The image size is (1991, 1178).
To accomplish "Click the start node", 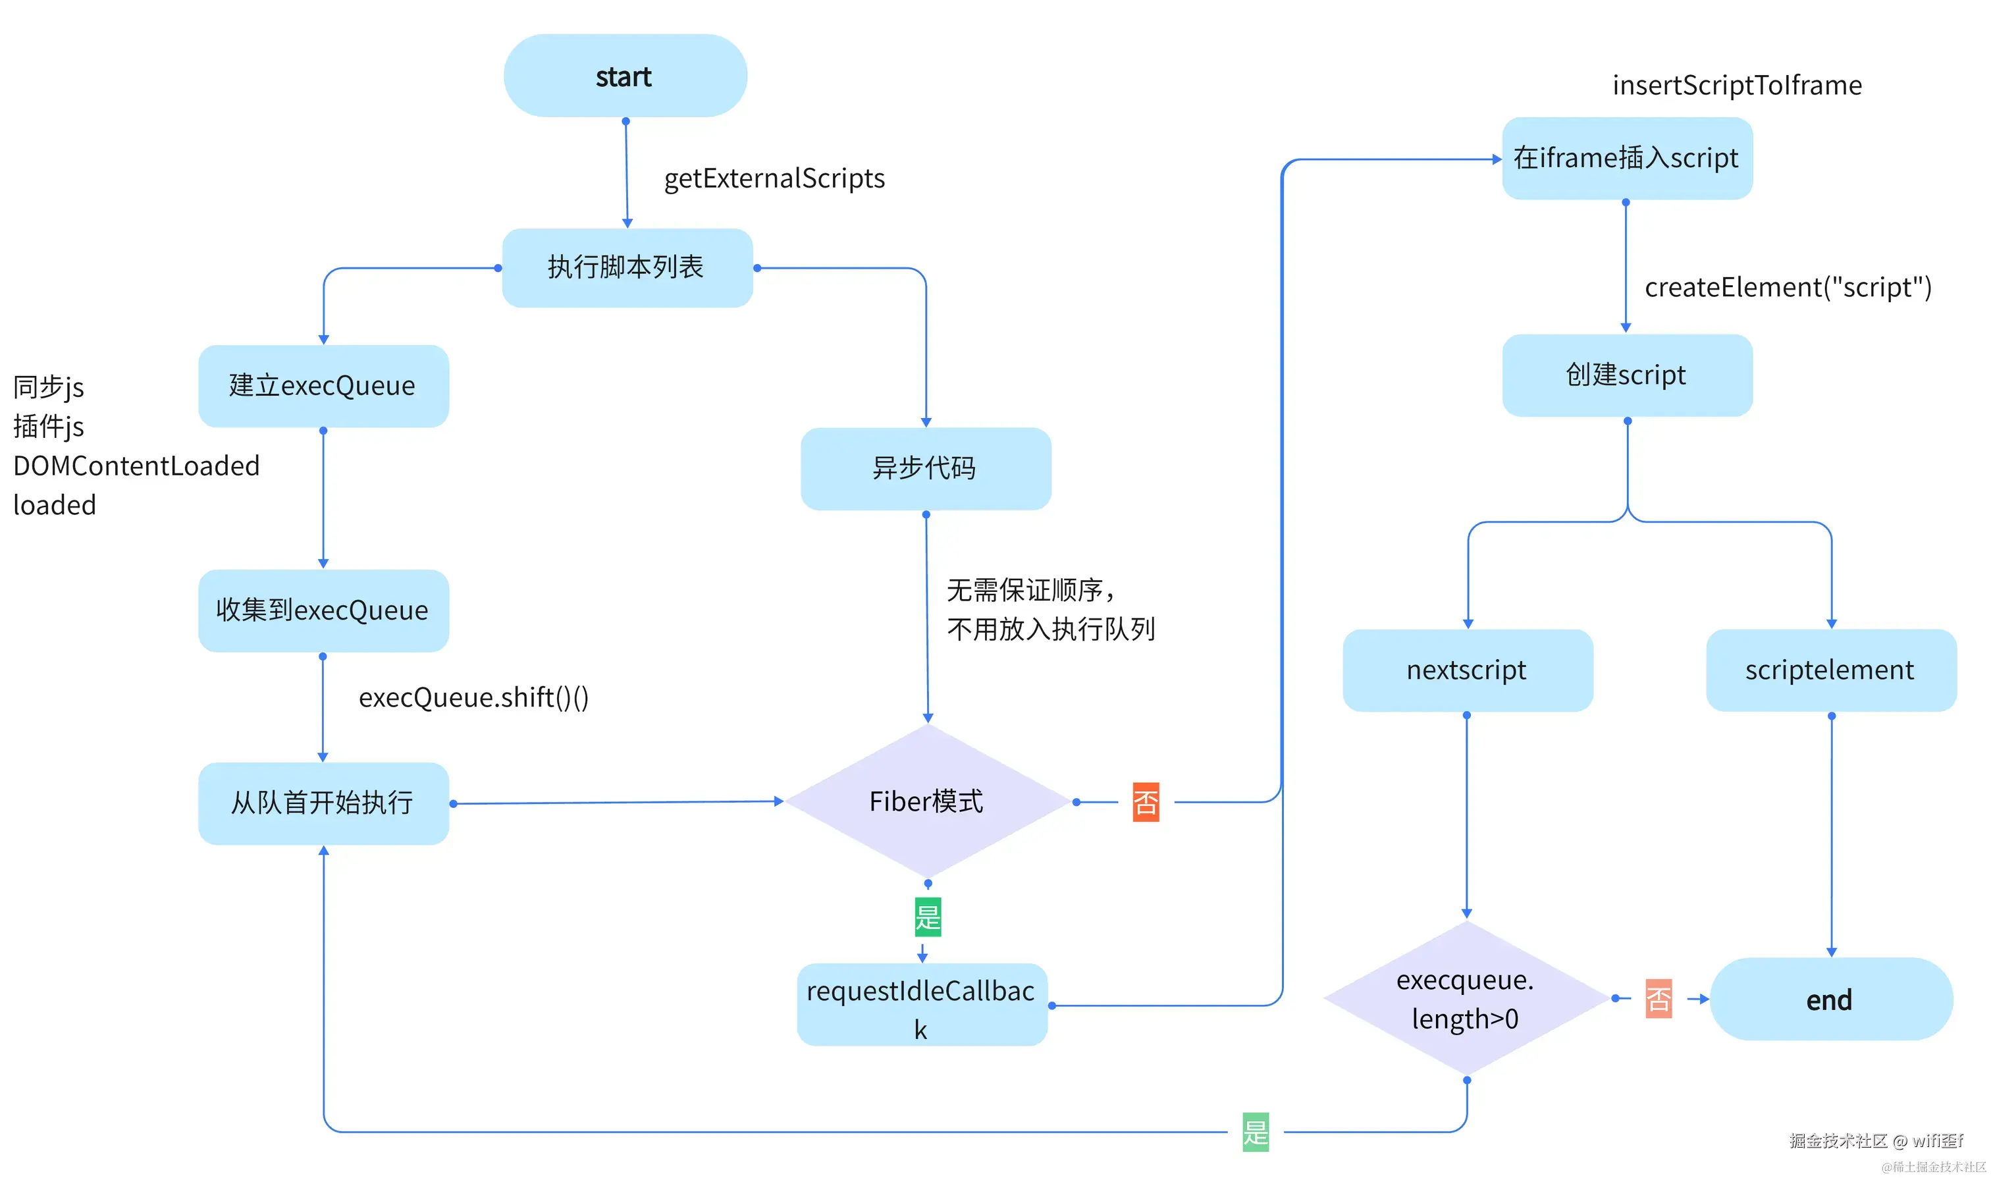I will [625, 76].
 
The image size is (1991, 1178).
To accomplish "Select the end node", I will [1830, 1000].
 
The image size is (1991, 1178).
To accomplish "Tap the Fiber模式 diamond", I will [927, 801].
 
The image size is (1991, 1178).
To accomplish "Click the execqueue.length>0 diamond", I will [1466, 999].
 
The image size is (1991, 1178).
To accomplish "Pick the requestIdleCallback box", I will [921, 1005].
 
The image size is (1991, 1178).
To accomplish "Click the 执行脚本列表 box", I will [627, 267].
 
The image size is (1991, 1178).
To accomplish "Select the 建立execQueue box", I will [323, 386].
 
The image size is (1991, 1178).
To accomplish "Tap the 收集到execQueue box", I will [323, 610].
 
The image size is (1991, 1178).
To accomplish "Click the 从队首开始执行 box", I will [323, 803].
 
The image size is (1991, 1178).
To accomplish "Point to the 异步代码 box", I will [925, 468].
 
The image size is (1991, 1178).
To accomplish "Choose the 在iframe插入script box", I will [1627, 158].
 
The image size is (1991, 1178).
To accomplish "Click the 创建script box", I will [1627, 375].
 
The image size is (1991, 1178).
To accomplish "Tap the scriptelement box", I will [1831, 670].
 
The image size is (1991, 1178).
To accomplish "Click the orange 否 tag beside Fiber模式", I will [1145, 802].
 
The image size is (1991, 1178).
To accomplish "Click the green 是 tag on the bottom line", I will [1256, 1131].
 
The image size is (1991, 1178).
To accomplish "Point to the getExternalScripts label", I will [774, 178].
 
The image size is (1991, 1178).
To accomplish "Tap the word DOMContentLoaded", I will [136, 466].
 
